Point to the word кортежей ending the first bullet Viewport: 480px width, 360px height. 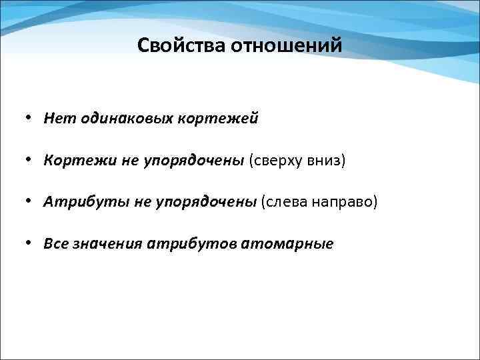pos(217,119)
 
